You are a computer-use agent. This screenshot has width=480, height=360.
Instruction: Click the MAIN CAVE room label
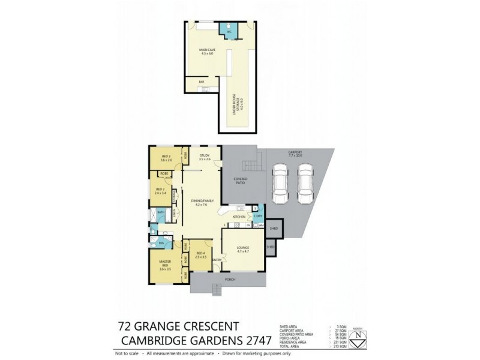[208, 50]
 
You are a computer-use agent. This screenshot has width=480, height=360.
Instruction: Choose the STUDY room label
[205, 158]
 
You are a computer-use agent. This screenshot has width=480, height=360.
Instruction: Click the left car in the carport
[280, 183]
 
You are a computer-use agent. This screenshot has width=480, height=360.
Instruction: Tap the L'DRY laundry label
[258, 215]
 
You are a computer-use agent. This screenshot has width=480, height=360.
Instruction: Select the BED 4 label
[201, 255]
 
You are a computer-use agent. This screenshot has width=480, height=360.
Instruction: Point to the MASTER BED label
[166, 265]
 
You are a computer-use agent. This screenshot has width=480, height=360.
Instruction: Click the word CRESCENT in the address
[206, 327]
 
